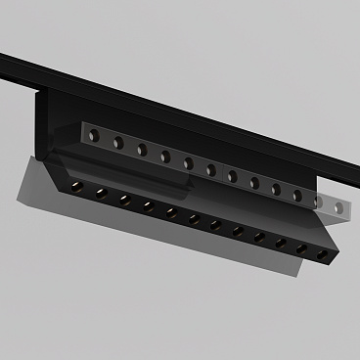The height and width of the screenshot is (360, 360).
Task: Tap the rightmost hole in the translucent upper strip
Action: (338, 207)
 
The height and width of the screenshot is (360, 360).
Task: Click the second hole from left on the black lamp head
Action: (101, 193)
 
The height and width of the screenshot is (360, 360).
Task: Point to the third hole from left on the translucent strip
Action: (141, 150)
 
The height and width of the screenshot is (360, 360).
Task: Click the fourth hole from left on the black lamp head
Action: (148, 206)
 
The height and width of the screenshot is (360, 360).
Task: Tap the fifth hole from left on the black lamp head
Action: (170, 212)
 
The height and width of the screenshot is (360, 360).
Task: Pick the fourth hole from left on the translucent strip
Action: (164, 157)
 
